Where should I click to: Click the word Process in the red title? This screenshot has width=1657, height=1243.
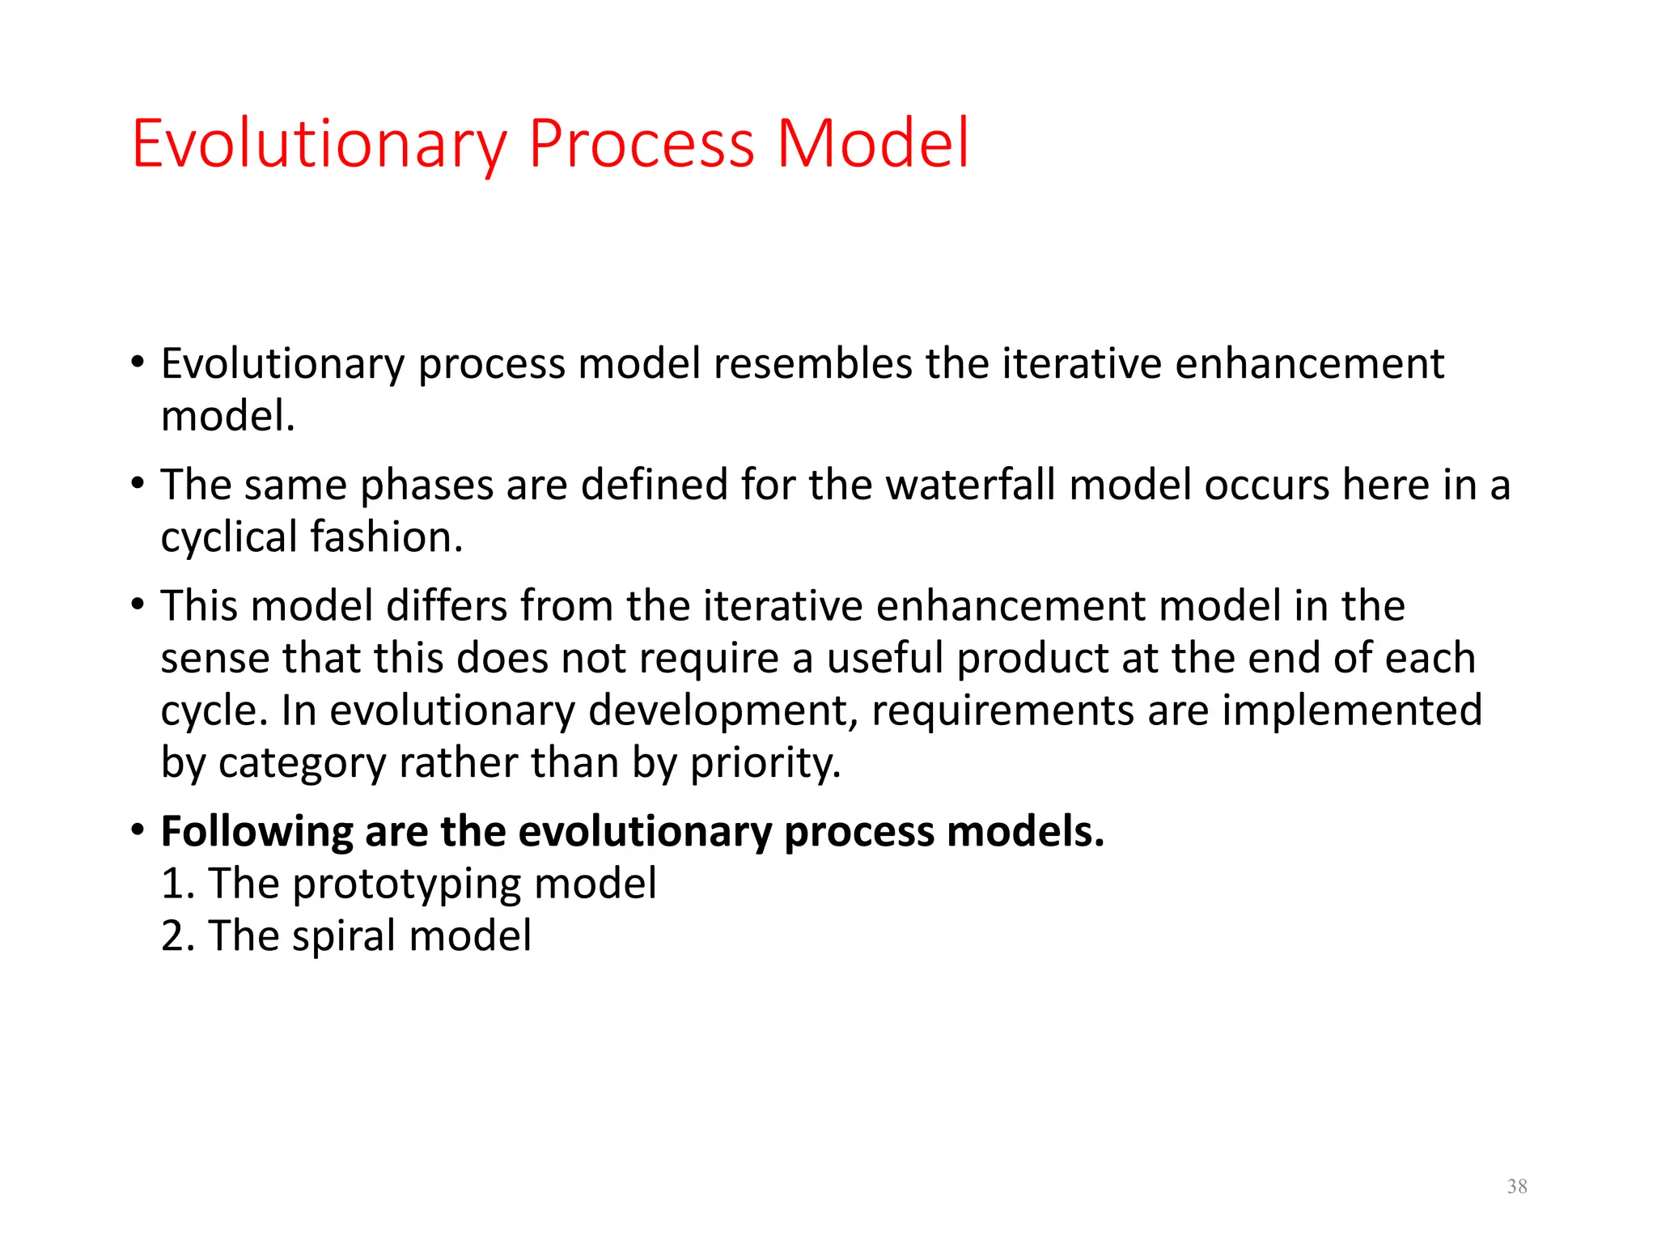click(x=642, y=144)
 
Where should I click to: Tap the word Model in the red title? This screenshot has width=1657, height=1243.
click(x=872, y=144)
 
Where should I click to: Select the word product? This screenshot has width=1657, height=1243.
click(x=1032, y=659)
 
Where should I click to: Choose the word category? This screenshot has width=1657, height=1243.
click(x=302, y=764)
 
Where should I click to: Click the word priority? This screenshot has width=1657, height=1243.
click(x=765, y=764)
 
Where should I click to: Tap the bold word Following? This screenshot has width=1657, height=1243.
click(x=256, y=833)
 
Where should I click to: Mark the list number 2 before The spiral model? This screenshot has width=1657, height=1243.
click(x=174, y=936)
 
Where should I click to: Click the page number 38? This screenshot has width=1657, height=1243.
click(x=1517, y=1186)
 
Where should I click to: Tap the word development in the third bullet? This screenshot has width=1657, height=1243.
click(x=722, y=711)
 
